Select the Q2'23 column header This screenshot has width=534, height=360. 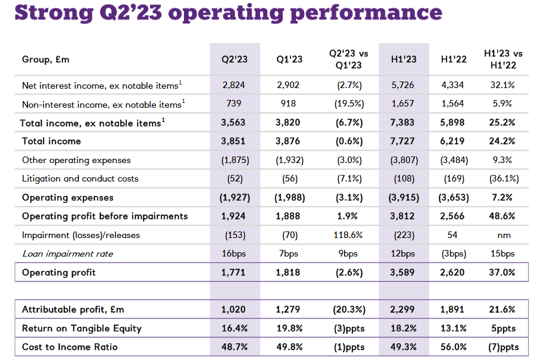pos(233,59)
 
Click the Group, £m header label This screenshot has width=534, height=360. pos(46,59)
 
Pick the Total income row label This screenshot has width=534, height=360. pos(51,141)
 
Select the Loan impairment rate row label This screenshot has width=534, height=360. pos(67,253)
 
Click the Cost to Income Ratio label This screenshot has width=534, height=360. pos(70,347)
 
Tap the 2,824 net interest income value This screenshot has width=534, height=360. pos(233,85)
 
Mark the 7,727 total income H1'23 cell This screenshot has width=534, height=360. pos(404,141)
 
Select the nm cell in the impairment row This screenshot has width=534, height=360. pos(504,235)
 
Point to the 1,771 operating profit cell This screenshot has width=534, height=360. pos(233,273)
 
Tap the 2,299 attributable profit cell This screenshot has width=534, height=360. pos(404,309)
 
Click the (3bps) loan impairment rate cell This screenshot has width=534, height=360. pos(452,253)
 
